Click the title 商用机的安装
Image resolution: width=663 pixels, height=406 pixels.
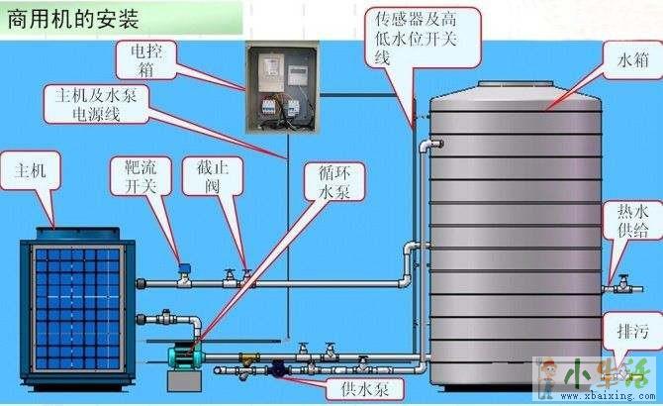(x=74, y=18)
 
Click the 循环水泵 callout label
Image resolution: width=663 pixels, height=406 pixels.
(x=335, y=182)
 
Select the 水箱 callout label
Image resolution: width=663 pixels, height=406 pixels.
(x=633, y=60)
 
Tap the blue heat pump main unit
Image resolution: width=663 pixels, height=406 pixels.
(x=70, y=307)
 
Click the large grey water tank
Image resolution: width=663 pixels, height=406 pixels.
(x=514, y=228)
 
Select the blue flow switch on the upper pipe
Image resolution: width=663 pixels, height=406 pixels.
(x=183, y=267)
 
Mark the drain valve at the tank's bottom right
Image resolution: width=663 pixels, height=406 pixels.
(x=618, y=366)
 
